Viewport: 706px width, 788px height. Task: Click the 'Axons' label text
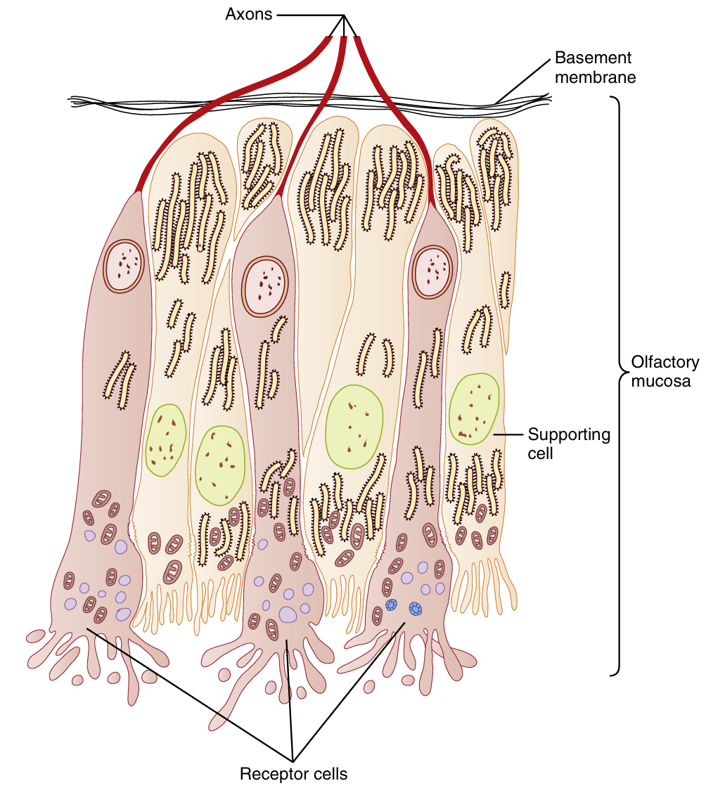248,13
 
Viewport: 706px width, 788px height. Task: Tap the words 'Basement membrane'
595,67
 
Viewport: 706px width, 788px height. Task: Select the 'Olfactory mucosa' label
665,372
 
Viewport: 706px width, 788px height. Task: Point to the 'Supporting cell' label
569,444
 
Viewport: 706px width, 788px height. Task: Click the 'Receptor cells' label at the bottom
294,775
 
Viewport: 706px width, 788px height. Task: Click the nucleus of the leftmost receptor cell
124,266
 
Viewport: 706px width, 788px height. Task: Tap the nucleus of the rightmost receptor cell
432,272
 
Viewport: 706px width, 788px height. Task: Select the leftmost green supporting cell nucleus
166,440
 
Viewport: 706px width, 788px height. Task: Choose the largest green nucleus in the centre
355,427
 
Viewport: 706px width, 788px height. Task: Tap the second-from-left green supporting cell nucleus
219,465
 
